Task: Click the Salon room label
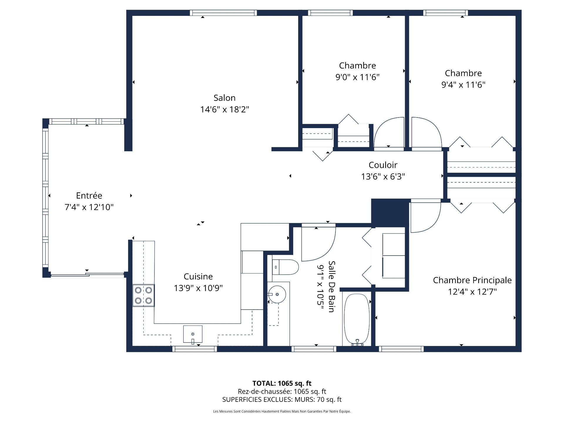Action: point(224,98)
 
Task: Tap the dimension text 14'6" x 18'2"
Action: point(224,110)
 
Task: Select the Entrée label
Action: point(89,196)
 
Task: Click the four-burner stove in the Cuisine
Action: point(143,296)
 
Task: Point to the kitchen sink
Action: point(193,334)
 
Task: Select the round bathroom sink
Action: point(277,294)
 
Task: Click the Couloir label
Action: point(383,165)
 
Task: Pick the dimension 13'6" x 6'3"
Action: point(383,177)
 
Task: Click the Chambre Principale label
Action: point(472,280)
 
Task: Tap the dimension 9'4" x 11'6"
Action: point(463,85)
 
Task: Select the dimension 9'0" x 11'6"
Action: point(357,77)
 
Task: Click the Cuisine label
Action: point(198,276)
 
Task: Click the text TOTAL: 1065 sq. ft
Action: point(282,383)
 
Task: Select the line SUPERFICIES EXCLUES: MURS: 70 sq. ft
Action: point(282,399)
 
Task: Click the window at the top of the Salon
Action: point(223,13)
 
